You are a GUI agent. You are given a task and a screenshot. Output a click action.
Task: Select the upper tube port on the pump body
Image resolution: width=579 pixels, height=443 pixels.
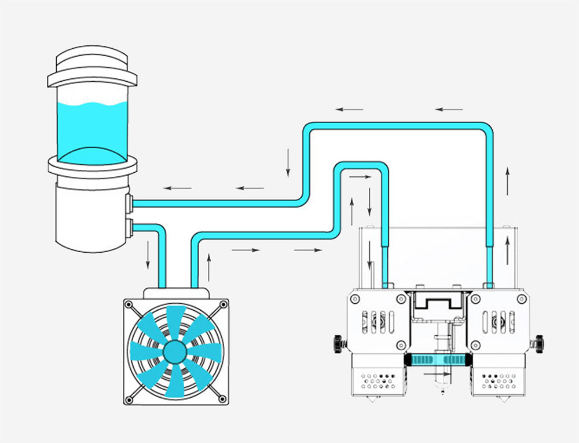click(130, 203)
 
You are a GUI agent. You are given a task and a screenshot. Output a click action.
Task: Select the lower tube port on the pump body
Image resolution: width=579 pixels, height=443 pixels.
click(130, 227)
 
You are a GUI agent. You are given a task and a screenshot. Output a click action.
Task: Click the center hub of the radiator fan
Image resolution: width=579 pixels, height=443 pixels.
click(174, 352)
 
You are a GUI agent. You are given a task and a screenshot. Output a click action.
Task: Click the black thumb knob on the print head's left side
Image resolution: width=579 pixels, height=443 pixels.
click(338, 342)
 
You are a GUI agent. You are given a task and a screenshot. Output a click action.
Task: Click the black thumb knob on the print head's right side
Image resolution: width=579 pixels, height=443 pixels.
click(539, 342)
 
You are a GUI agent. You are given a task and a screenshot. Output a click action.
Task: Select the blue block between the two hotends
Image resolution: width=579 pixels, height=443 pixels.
click(439, 360)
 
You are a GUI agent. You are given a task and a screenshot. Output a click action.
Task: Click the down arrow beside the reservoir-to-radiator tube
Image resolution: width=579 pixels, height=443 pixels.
click(148, 255)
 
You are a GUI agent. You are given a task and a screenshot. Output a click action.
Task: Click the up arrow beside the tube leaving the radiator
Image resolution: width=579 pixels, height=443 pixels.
click(208, 267)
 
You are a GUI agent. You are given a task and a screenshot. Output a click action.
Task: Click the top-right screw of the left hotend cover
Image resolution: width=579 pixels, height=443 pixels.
click(400, 298)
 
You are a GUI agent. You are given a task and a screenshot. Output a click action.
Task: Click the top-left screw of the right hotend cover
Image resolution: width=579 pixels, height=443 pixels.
click(477, 298)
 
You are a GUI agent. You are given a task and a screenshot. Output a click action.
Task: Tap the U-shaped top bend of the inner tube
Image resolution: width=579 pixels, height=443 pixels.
click(362, 165)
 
